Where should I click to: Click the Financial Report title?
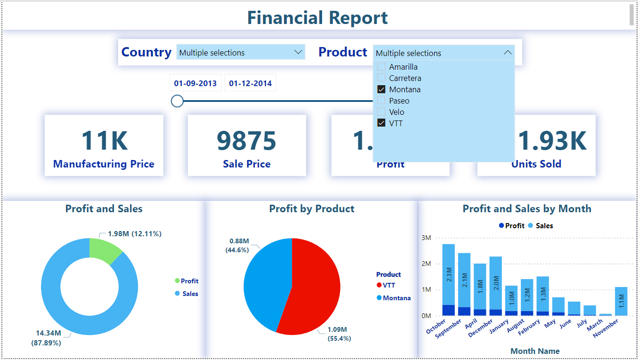317,18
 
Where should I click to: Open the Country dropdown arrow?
298,52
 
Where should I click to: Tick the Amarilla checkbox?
381,67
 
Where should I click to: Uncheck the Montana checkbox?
381,89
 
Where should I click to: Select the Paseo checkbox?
381,101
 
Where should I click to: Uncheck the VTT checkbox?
381,123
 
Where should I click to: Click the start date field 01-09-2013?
195,83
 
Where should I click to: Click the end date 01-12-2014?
250,83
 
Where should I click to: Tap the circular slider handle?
177,101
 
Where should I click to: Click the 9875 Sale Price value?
247,141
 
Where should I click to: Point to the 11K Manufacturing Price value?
104,141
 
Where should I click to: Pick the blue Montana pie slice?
266,278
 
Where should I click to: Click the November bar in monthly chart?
621,301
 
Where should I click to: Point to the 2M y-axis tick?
426,264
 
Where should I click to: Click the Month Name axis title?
535,351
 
